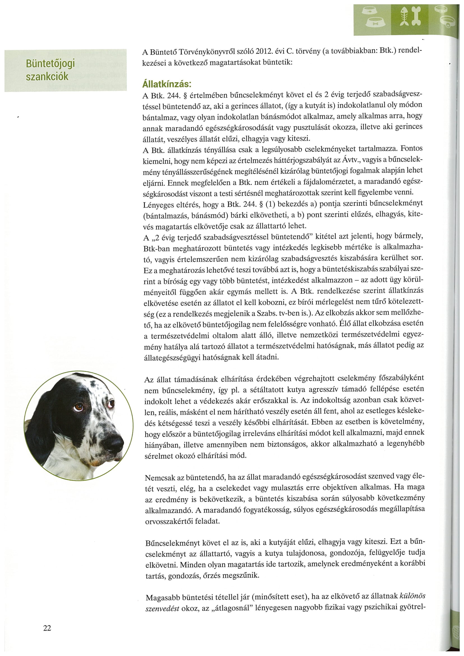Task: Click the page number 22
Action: (x=47, y=628)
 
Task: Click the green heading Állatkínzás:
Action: (x=167, y=84)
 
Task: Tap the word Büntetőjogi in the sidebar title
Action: (x=50, y=63)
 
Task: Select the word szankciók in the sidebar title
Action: (x=47, y=77)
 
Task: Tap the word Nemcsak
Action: (x=160, y=477)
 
